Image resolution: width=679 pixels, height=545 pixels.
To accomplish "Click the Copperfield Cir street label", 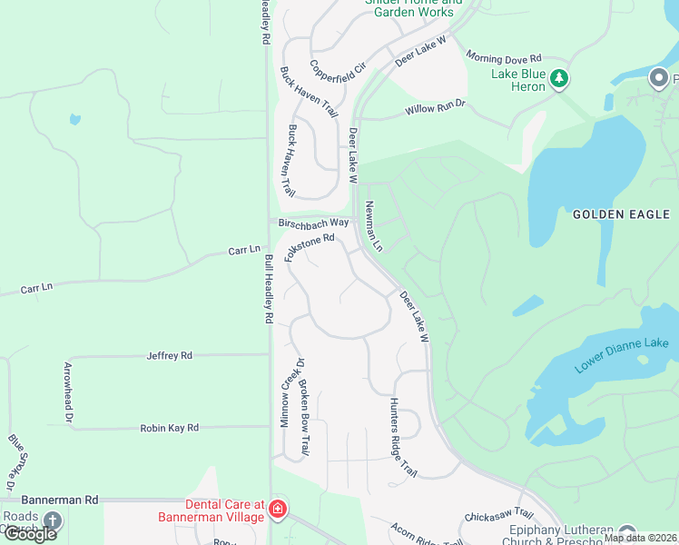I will pyautogui.click(x=337, y=66).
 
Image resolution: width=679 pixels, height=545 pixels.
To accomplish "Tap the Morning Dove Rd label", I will pyautogui.click(x=504, y=57).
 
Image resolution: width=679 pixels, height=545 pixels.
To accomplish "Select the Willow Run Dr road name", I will pyautogui.click(x=435, y=110).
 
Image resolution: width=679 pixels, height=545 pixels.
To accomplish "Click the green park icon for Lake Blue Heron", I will pyautogui.click(x=560, y=80).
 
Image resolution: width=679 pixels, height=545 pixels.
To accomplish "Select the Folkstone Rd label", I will pyautogui.click(x=310, y=248).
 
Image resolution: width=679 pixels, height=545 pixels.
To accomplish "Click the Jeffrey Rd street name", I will pyautogui.click(x=170, y=356).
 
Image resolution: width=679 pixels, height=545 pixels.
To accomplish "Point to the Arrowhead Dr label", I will pyautogui.click(x=67, y=392).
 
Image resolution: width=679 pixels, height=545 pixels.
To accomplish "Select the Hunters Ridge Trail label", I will pyautogui.click(x=402, y=438).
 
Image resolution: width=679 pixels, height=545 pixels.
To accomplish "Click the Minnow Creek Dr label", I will pyautogui.click(x=288, y=391).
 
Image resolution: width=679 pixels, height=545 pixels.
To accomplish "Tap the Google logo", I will pyautogui.click(x=31, y=534).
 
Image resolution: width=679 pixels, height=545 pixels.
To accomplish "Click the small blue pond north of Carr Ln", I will pyautogui.click(x=74, y=119).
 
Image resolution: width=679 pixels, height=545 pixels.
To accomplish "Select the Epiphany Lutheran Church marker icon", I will pyautogui.click(x=627, y=532).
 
